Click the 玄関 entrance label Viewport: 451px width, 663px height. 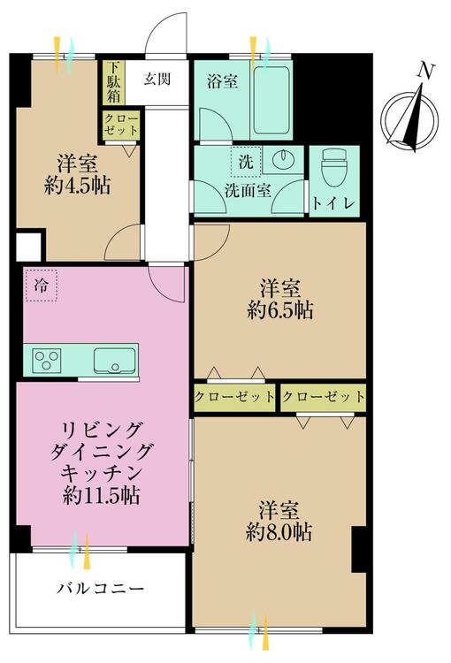(x=157, y=79)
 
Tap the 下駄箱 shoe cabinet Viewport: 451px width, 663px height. (x=113, y=82)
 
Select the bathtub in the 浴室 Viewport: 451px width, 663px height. (x=271, y=100)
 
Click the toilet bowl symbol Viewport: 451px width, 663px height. (x=334, y=171)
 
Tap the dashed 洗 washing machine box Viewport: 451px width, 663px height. (x=246, y=161)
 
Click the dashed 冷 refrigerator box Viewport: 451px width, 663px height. (x=41, y=286)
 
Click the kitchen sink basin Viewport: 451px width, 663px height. (x=115, y=361)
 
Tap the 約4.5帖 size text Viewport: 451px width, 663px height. (x=78, y=186)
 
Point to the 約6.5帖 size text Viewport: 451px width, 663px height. (x=280, y=311)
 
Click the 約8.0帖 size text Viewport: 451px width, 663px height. (x=279, y=533)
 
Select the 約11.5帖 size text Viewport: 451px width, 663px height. (x=102, y=495)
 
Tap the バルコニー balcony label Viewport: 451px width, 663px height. (x=101, y=588)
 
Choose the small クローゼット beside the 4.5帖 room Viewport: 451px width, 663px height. (x=121, y=124)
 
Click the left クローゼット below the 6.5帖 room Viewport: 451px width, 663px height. (x=235, y=397)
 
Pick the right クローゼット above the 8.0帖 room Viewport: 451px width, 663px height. (x=324, y=397)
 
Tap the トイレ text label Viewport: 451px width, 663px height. (x=333, y=204)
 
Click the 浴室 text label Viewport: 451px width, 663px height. (x=222, y=81)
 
